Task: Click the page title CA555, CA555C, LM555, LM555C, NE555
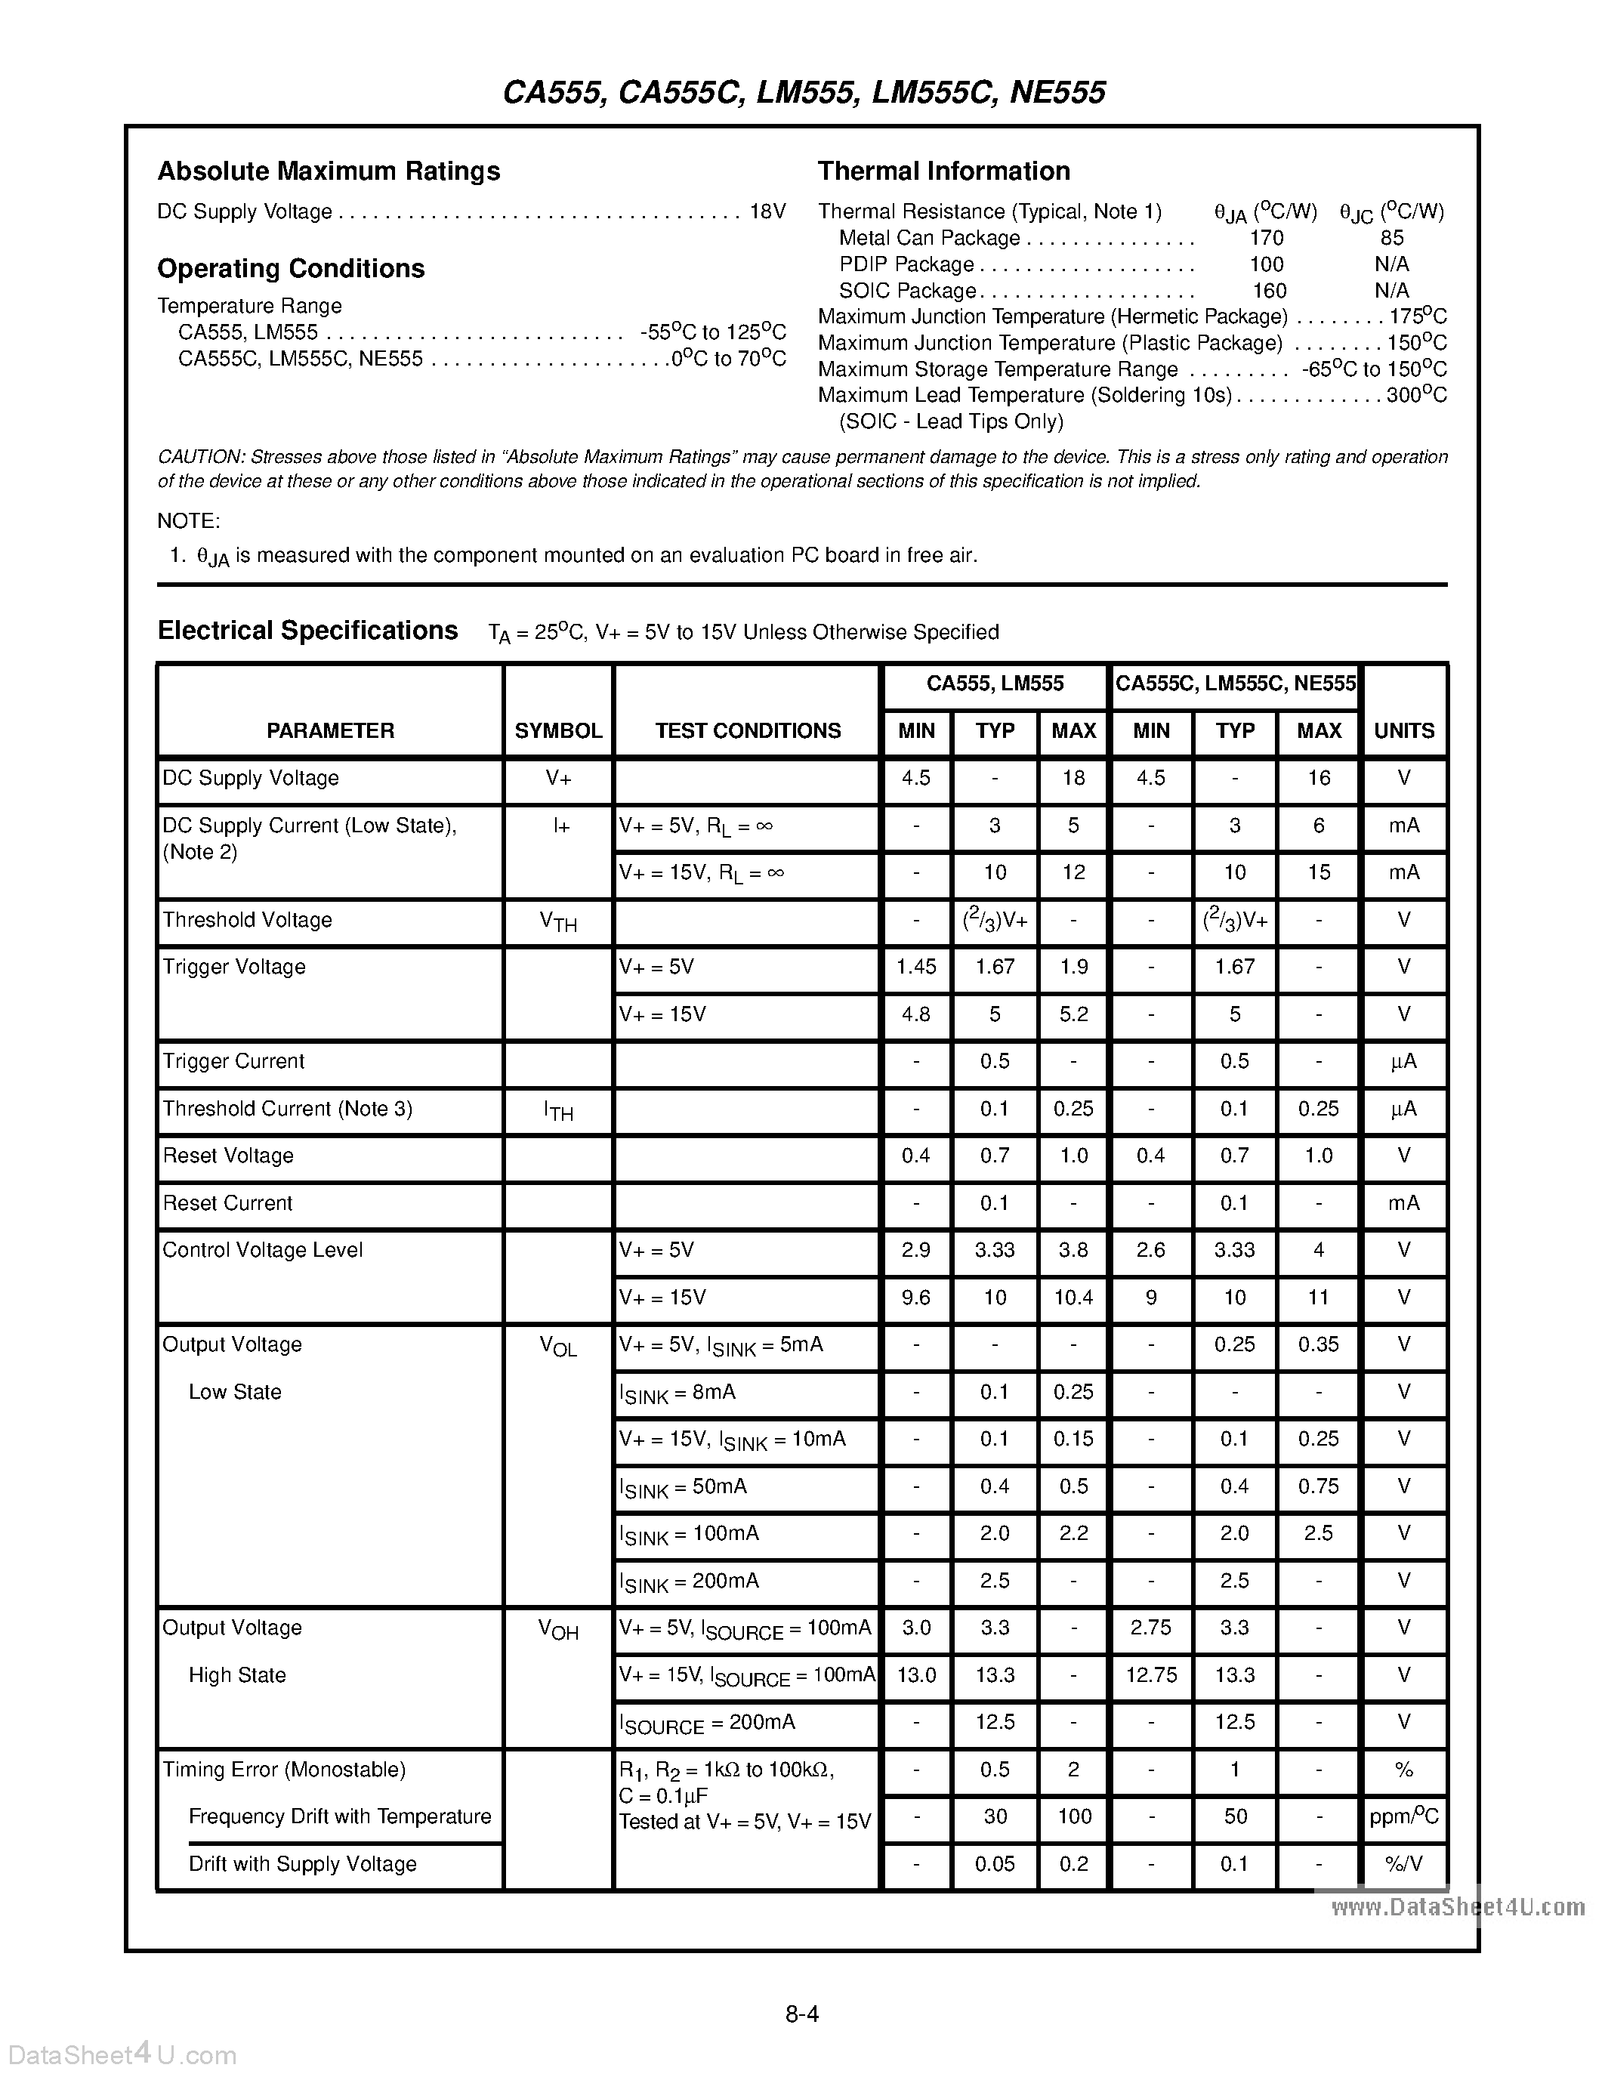click(x=804, y=92)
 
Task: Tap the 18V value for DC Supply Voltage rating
click(x=767, y=211)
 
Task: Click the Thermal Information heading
click(x=943, y=171)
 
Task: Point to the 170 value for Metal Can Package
click(x=1267, y=238)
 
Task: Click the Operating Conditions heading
click(x=290, y=268)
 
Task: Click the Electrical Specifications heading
click(x=307, y=631)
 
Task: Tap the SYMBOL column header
click(x=558, y=730)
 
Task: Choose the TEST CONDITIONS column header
click(x=747, y=730)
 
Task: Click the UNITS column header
click(x=1403, y=730)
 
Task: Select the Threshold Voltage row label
click(x=247, y=920)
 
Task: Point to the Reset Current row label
click(x=227, y=1203)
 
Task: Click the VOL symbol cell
click(x=558, y=1347)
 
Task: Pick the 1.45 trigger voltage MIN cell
click(x=915, y=968)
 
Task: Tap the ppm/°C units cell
click(x=1403, y=1817)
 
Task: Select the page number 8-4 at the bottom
click(x=802, y=2014)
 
